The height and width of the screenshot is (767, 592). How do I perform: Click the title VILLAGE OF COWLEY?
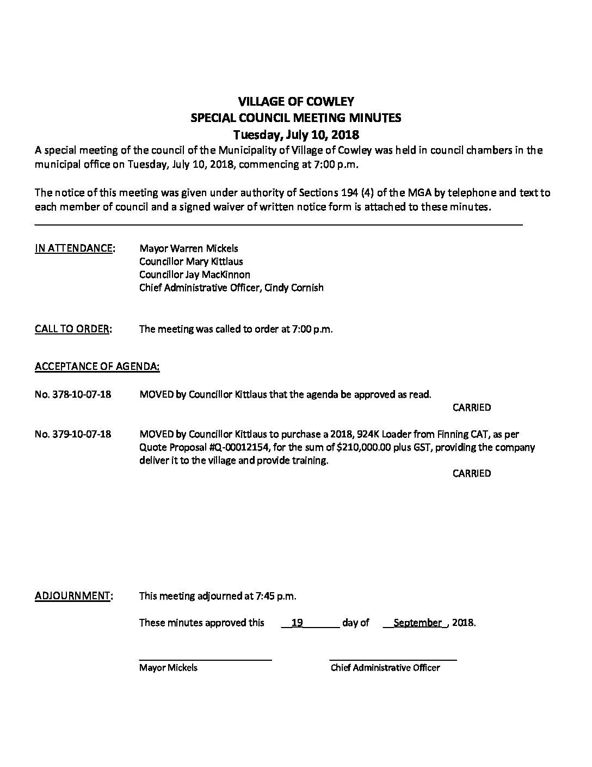click(x=296, y=101)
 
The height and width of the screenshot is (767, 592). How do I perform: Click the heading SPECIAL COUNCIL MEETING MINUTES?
click(x=296, y=118)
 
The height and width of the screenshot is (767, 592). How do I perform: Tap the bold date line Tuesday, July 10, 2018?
click(x=296, y=134)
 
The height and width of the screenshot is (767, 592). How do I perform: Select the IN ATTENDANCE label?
click(x=75, y=248)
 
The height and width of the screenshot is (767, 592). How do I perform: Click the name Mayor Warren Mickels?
click(x=188, y=248)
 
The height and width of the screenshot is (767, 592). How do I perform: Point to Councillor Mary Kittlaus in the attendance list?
click(x=191, y=261)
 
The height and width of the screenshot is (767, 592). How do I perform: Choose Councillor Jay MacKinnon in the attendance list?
click(x=194, y=275)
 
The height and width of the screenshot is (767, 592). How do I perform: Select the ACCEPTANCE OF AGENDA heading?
click(x=97, y=367)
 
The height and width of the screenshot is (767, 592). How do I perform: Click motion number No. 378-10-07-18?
click(x=73, y=394)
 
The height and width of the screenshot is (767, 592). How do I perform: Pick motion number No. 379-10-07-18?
click(x=73, y=434)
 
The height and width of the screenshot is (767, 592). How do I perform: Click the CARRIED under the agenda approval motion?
click(x=471, y=407)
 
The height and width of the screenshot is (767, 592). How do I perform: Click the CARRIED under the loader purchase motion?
click(x=471, y=473)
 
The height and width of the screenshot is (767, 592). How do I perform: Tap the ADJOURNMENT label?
click(x=73, y=596)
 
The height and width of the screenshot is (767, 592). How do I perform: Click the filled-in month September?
click(x=417, y=623)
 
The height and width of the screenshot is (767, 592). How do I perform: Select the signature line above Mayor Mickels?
click(x=205, y=660)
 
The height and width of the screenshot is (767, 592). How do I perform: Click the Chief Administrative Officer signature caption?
click(x=385, y=668)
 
